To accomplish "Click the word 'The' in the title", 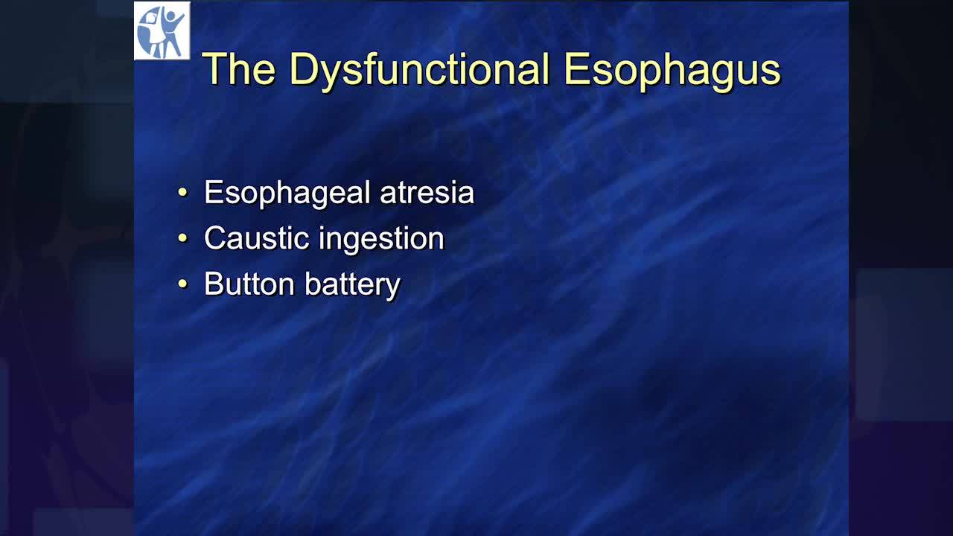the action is (x=239, y=69).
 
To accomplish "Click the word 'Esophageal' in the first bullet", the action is (x=287, y=194).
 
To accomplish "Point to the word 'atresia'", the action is (x=427, y=193).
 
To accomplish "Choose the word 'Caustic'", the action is (x=257, y=237).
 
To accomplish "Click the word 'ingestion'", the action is (x=382, y=240).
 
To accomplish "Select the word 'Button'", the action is (x=249, y=284).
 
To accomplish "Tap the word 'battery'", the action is (x=353, y=285).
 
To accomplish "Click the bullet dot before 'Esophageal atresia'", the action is (x=182, y=192).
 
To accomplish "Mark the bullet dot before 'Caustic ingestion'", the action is (x=182, y=237).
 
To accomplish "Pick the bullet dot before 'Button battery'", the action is (x=182, y=284).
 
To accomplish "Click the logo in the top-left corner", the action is (x=162, y=31).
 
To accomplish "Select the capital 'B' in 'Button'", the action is (x=214, y=284).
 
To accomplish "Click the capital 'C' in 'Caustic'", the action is (x=217, y=237).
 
